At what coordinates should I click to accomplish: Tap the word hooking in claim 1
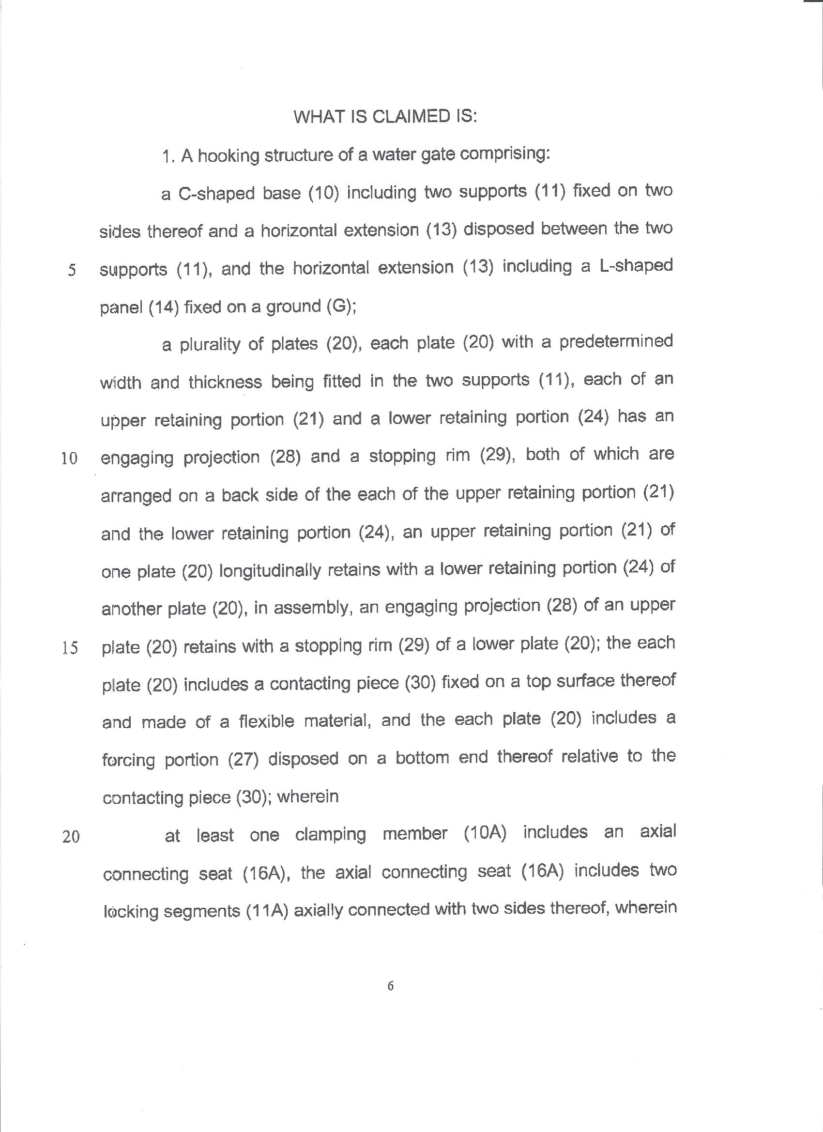coord(228,156)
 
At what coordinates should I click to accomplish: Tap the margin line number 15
coord(70,648)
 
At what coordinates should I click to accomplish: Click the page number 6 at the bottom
coord(390,986)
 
